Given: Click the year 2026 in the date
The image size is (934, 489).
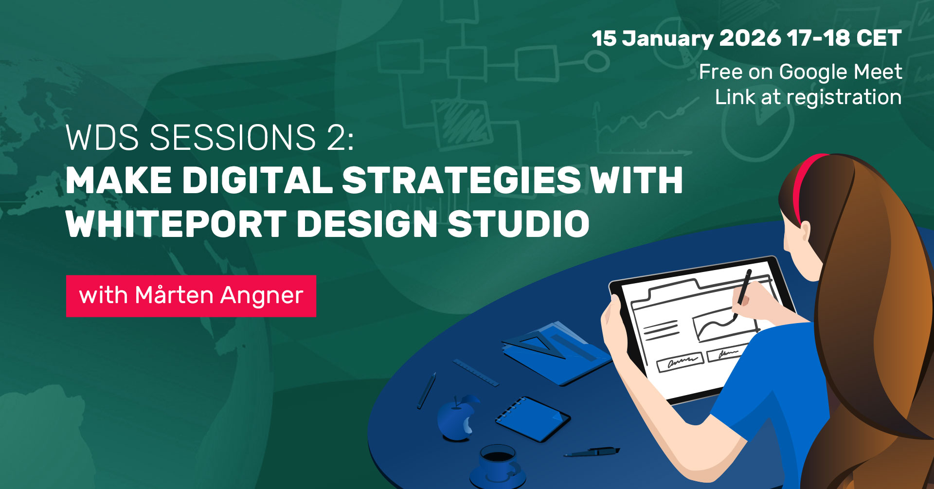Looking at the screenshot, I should click(x=750, y=38).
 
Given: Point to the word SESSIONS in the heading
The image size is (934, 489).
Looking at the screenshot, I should click(x=233, y=138).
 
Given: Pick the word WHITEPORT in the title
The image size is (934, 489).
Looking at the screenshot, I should click(x=176, y=224).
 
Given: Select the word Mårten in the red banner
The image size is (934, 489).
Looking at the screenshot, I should click(x=174, y=295).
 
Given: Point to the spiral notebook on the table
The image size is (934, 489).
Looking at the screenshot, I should click(x=533, y=419).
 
